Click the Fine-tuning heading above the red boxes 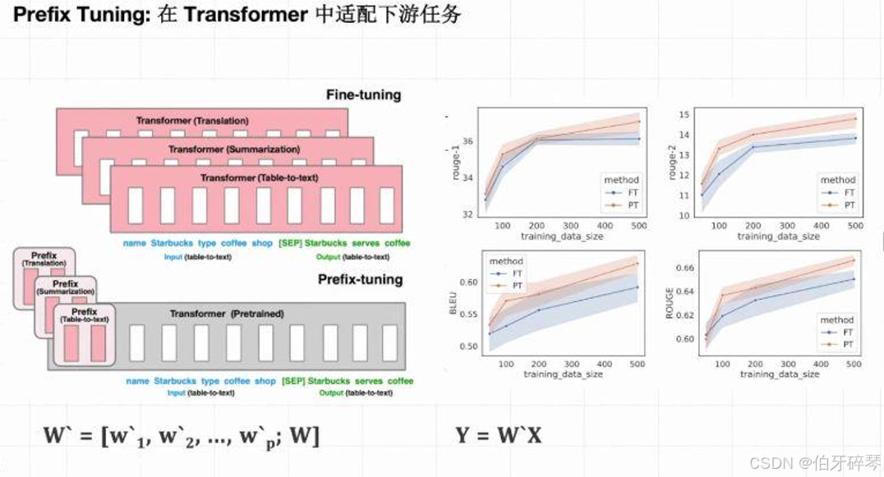(363, 94)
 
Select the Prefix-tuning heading (360, 279)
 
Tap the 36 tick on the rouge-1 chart (467, 141)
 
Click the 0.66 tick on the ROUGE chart (684, 268)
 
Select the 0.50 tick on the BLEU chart (468, 346)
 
